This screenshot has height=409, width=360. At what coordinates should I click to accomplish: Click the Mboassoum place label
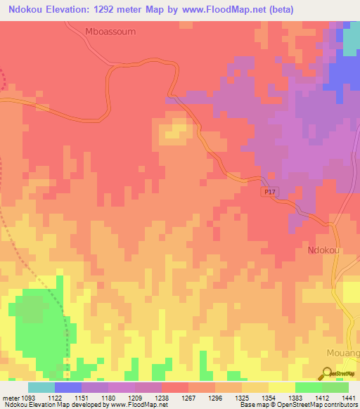tap(110, 32)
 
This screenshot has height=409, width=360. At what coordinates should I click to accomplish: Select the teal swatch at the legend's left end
tap(41, 387)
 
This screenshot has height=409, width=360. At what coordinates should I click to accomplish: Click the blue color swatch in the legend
tap(67, 387)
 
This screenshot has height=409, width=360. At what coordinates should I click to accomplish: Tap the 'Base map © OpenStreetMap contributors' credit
tap(298, 405)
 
